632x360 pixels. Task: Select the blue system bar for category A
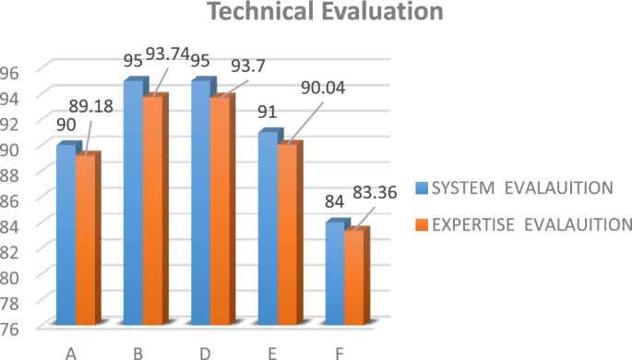(66, 235)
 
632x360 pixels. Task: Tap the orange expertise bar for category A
(85, 240)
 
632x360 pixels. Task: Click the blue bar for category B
(133, 203)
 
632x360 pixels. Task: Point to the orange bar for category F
(353, 277)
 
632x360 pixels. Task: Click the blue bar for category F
(334, 274)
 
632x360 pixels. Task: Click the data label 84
(334, 200)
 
